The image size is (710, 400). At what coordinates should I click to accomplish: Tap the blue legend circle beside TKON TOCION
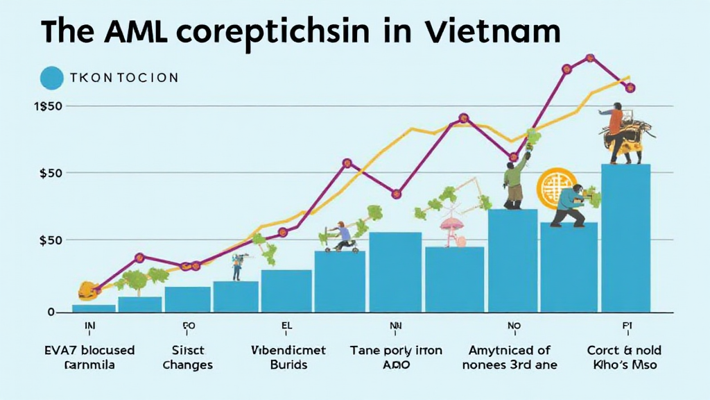[x=51, y=78]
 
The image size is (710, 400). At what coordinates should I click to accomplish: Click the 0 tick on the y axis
[x=51, y=312]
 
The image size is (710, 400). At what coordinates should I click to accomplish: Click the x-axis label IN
[x=89, y=324]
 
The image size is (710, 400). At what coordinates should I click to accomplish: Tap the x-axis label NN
[x=396, y=324]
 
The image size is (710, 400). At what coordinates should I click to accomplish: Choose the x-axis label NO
[x=513, y=324]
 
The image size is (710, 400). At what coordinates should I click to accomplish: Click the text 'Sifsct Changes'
[x=188, y=357]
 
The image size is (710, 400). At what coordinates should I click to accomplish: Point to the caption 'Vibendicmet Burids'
[x=289, y=357]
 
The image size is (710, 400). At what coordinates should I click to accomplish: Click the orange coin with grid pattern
[x=555, y=186]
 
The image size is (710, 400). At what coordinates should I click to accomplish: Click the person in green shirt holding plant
[x=514, y=181]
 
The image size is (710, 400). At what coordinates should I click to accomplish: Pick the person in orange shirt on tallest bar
[x=615, y=122]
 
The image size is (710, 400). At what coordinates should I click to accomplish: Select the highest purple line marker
[x=590, y=58]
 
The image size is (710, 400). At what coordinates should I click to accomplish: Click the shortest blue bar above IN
[x=94, y=308]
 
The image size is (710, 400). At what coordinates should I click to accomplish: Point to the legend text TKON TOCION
[x=124, y=78]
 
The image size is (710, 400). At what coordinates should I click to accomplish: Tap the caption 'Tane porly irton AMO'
[x=396, y=357]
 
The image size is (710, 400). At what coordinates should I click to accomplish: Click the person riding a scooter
[x=340, y=236]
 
